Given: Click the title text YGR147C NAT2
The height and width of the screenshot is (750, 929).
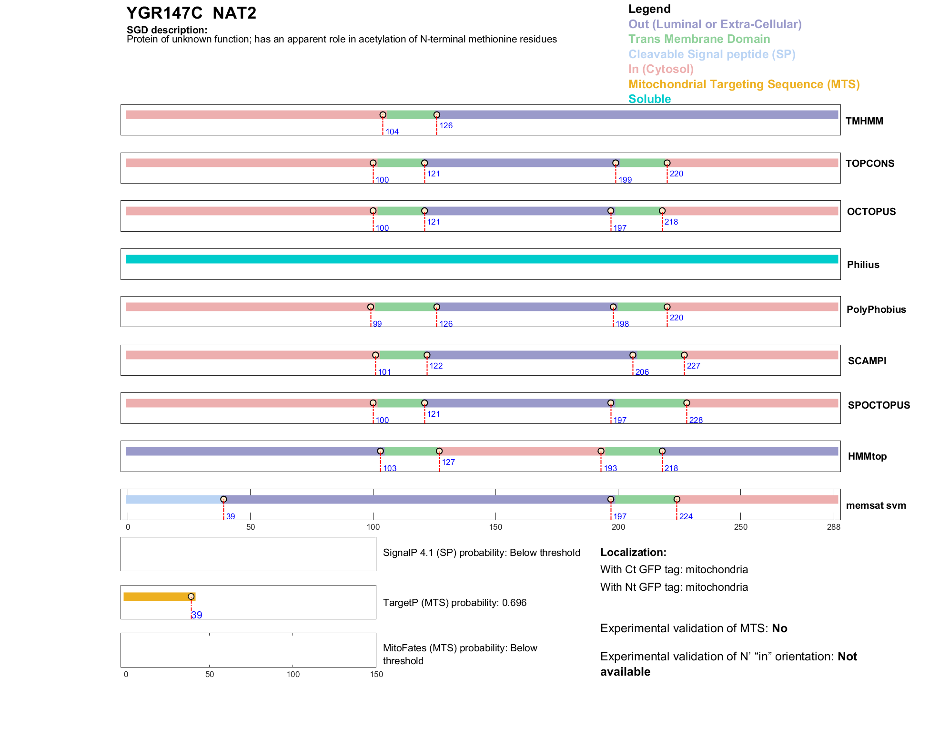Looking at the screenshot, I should point(191,13).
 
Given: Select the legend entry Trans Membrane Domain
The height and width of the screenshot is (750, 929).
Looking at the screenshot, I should point(699,39).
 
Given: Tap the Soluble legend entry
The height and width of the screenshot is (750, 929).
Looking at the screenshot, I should point(649,99).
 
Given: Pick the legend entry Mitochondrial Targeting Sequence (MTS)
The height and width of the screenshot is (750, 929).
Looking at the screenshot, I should point(744,84).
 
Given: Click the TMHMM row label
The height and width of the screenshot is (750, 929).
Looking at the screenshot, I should point(864,121).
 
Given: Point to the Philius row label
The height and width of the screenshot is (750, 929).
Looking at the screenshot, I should point(863,265).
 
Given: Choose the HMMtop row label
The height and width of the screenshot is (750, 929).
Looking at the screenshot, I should point(867,456).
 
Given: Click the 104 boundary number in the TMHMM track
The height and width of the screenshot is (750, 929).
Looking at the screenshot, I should point(392,132).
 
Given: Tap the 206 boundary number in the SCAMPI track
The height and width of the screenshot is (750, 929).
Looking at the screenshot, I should point(642,372).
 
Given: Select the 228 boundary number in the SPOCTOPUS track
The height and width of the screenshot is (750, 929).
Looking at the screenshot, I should point(696,420).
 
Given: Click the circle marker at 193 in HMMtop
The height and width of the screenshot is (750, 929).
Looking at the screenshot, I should point(601,451).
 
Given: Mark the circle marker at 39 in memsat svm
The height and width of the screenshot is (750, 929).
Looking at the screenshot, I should point(223,499).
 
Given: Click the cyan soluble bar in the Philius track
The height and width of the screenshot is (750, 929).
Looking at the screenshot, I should point(481,259).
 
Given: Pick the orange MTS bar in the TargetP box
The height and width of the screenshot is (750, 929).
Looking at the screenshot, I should point(157,596).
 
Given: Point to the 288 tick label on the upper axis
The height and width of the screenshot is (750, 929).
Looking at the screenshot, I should point(833,527).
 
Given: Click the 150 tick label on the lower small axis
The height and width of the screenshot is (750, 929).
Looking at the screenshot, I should point(376,674).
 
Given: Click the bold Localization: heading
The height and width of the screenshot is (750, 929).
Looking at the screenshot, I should point(633,552).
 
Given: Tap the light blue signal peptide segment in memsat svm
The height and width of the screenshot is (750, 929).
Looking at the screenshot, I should point(174,499).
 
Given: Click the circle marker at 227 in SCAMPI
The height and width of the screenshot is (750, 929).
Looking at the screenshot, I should point(684,355).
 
